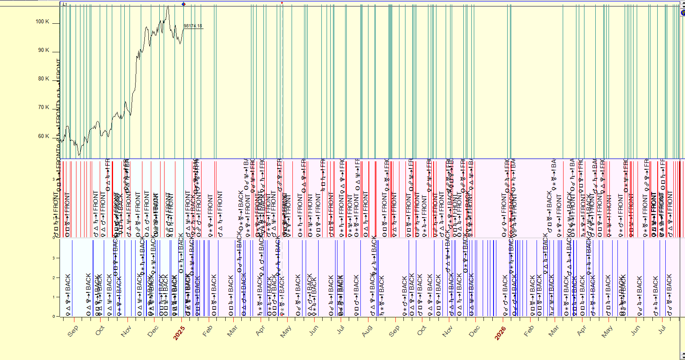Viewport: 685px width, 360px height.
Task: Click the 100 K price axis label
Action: click(x=42, y=22)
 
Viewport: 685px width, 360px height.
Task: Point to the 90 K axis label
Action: click(x=43, y=50)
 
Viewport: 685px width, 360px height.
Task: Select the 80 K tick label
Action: click(x=43, y=79)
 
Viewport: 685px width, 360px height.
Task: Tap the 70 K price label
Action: click(x=43, y=107)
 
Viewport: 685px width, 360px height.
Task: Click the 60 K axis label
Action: click(x=43, y=136)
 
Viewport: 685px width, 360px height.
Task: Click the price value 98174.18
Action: click(x=193, y=26)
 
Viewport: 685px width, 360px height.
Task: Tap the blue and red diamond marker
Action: click(x=184, y=4)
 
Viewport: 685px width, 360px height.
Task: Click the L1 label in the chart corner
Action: click(x=64, y=4)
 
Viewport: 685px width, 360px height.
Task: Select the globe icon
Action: click(x=683, y=13)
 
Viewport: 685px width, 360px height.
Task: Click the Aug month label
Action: click(x=367, y=331)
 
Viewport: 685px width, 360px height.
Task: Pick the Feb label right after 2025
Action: click(x=207, y=331)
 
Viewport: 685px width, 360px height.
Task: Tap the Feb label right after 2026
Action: click(x=529, y=331)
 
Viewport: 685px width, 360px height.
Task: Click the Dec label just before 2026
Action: click(x=474, y=331)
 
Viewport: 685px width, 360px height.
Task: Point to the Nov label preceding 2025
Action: click(x=126, y=331)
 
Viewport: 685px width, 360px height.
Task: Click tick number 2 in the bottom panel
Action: click(x=53, y=278)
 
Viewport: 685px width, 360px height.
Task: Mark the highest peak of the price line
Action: click(x=168, y=6)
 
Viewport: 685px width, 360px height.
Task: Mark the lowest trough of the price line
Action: click(x=79, y=155)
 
